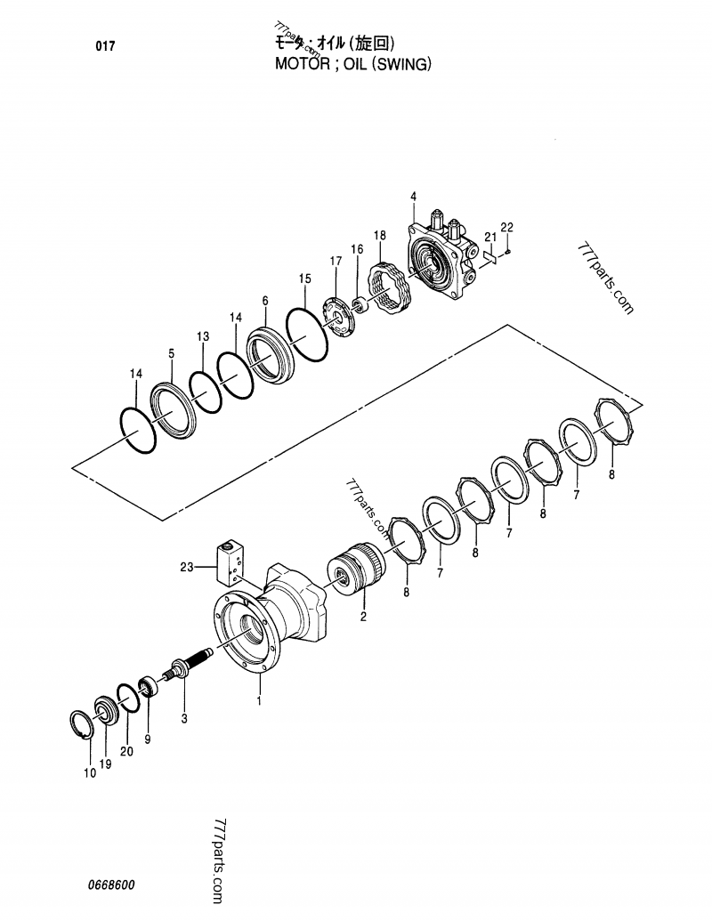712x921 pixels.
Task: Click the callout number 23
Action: click(186, 566)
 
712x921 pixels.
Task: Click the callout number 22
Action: click(506, 228)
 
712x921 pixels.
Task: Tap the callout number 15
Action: click(304, 279)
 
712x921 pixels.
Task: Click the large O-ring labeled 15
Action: click(307, 334)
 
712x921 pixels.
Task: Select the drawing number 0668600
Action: click(111, 885)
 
